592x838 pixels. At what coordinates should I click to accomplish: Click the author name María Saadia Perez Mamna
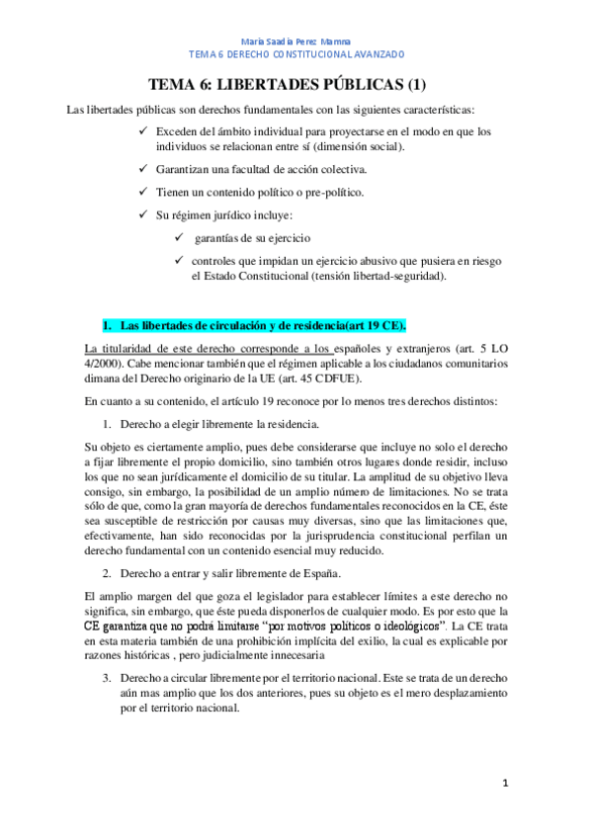(x=296, y=42)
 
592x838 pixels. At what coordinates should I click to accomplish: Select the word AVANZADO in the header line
(x=374, y=54)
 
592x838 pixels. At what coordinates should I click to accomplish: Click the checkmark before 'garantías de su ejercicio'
(x=178, y=238)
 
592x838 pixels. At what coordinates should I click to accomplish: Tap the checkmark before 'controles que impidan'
(x=178, y=261)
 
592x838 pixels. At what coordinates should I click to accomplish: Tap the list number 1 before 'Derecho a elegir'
(x=109, y=424)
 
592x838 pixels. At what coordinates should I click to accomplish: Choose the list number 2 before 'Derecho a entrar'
(x=109, y=573)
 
